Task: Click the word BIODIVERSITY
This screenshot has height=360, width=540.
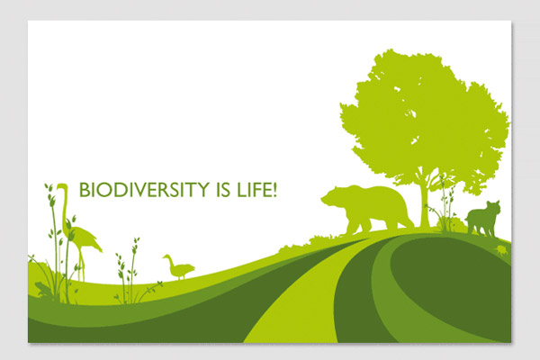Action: coord(144,190)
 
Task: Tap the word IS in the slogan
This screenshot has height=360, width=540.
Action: coord(223,190)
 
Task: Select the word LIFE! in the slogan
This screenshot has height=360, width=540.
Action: coord(256,190)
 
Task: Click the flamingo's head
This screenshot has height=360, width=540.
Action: coord(62,187)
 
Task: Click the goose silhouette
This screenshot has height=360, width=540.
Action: coord(178,267)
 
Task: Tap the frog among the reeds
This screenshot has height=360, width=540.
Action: coord(42,289)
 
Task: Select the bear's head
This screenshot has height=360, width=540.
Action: coord(333,197)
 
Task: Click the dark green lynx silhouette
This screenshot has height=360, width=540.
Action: coord(483,219)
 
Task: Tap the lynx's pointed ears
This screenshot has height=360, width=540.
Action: coord(492,202)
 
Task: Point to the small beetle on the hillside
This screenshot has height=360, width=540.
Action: coord(501,250)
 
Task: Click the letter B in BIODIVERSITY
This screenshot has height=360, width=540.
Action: coord(85,190)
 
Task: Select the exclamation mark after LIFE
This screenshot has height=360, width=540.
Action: coord(274,190)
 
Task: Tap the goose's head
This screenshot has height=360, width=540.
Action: coord(166,256)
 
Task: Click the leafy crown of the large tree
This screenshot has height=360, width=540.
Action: coord(424,117)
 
